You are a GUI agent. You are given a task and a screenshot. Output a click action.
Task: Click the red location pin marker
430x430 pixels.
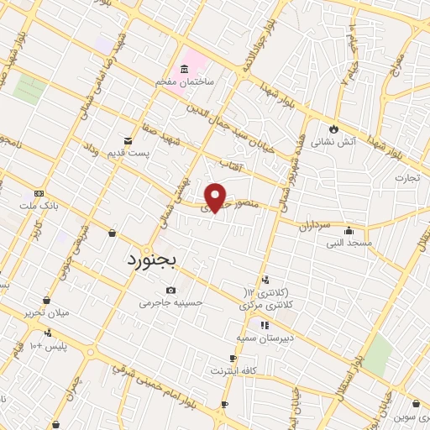click(216, 197)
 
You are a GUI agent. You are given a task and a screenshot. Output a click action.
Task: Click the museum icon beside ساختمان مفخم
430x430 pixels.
click(183, 68)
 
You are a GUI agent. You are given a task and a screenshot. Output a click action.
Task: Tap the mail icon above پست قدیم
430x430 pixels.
click(128, 139)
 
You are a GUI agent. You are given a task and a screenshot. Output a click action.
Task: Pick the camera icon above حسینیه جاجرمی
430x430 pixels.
click(171, 290)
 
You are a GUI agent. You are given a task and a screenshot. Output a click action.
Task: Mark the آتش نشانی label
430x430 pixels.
click(333, 142)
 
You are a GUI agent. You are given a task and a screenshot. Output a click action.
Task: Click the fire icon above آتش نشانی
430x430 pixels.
click(333, 128)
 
